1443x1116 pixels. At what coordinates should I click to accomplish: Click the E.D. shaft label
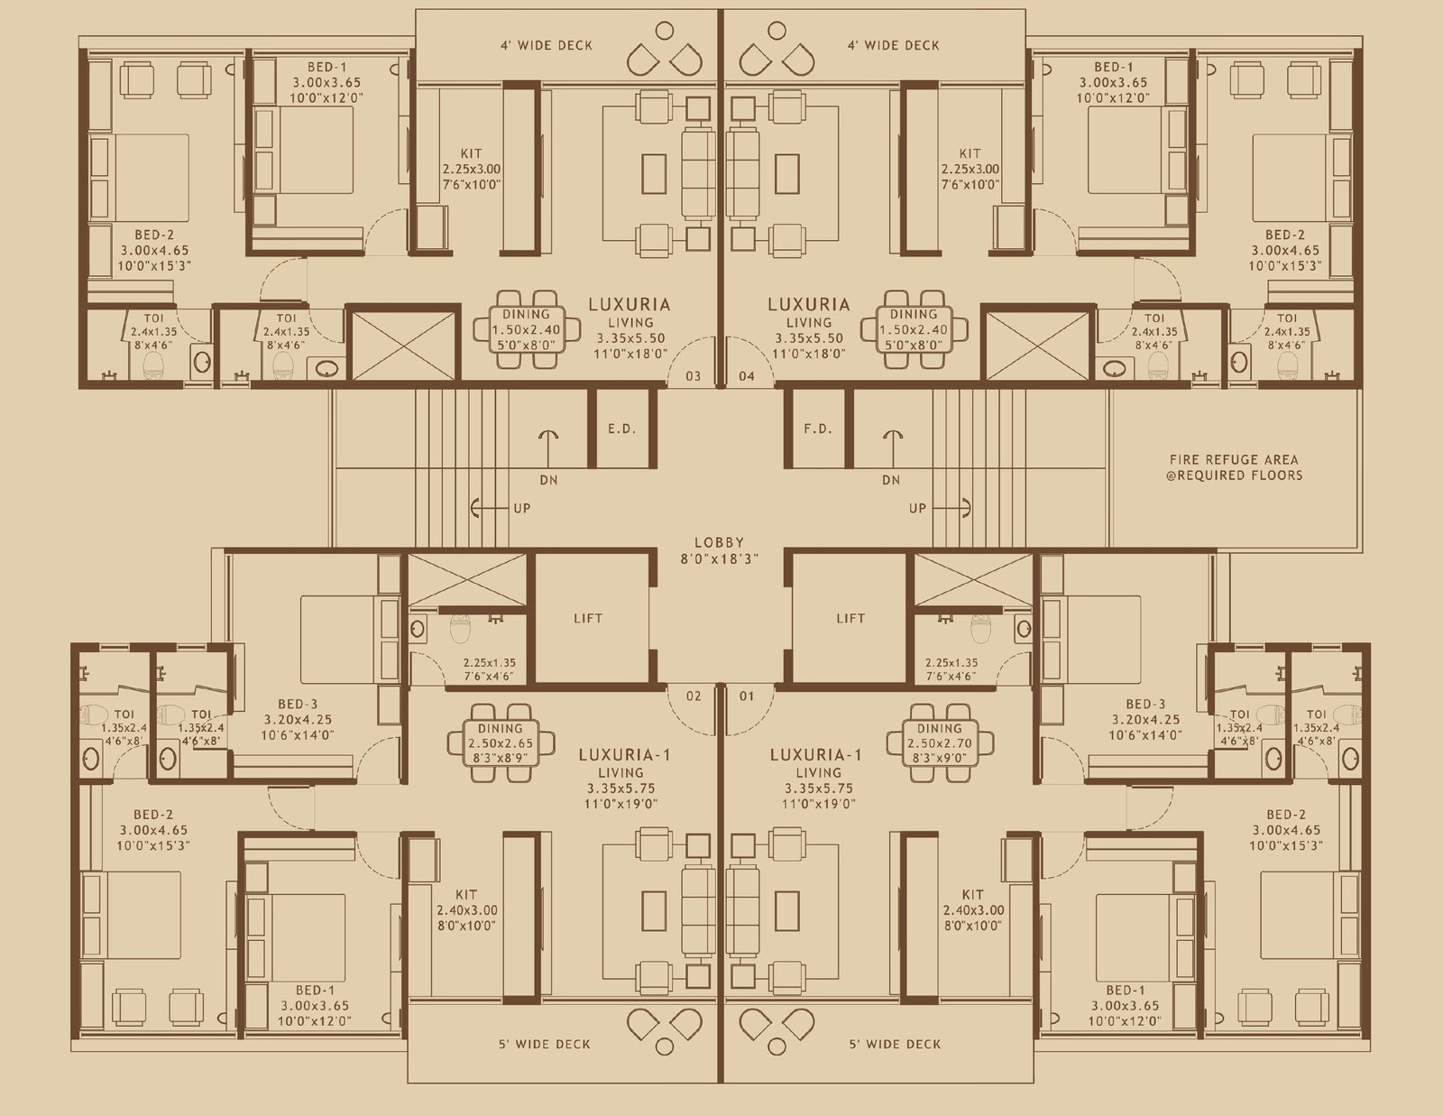[x=621, y=429]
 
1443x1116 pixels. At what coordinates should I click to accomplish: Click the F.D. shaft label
[x=818, y=429]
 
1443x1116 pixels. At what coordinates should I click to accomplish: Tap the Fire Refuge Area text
[x=1234, y=467]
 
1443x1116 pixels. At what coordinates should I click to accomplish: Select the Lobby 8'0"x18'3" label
[x=719, y=550]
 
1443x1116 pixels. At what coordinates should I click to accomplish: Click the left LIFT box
[x=587, y=618]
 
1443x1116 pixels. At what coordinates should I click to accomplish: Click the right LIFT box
[x=850, y=618]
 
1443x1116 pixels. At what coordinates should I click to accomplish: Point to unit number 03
[x=693, y=376]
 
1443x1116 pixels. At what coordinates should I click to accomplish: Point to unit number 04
[x=747, y=376]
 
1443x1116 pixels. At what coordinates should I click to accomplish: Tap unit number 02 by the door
[x=693, y=696]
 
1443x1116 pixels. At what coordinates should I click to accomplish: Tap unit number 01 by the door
[x=747, y=696]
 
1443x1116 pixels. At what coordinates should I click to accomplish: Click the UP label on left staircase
[x=522, y=508]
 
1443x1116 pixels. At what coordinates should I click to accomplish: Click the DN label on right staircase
[x=891, y=480]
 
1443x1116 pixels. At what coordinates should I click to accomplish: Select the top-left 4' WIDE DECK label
[x=547, y=45]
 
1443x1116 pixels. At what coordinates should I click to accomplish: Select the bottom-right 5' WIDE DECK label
[x=895, y=1044]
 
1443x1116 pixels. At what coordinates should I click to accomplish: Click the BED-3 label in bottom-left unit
[x=298, y=704]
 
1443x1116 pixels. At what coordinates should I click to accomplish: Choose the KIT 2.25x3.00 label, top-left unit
[x=471, y=169]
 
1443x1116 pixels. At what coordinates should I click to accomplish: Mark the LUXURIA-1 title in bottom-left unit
[x=623, y=754]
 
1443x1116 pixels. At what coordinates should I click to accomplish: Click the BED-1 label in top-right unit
[x=1114, y=67]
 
